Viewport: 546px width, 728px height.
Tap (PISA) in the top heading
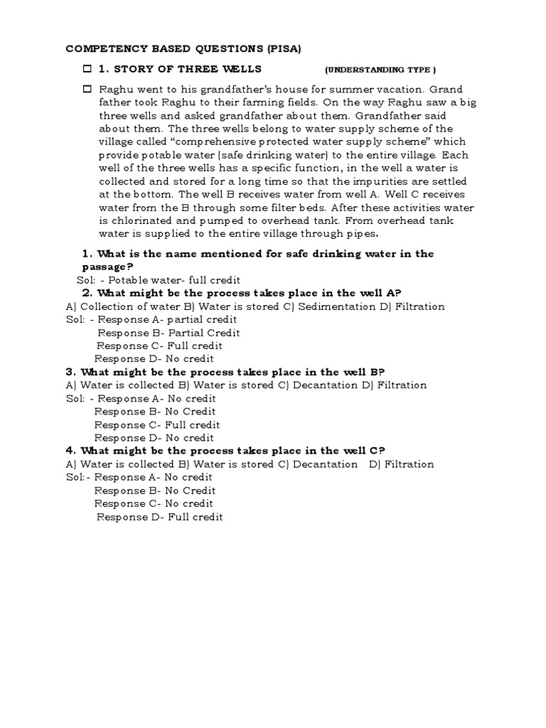coord(284,48)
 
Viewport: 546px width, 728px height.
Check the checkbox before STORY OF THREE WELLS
coord(87,69)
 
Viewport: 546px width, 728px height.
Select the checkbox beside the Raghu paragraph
coord(87,90)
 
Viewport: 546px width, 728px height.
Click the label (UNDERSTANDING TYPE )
coord(380,70)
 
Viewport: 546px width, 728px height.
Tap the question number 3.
coord(70,372)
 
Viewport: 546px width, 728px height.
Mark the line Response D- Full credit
coord(160,517)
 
